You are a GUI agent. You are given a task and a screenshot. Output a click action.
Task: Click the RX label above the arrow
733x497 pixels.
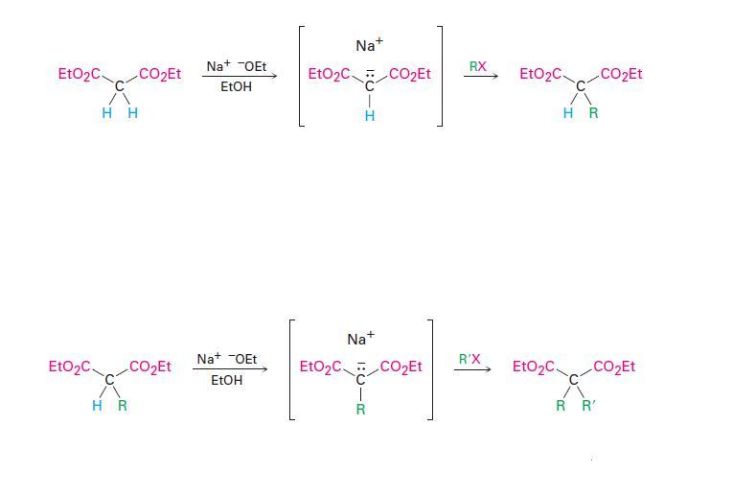[x=477, y=66]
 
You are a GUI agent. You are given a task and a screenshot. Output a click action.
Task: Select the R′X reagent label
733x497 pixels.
[x=470, y=359]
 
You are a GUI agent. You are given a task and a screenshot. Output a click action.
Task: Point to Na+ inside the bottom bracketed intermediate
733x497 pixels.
[x=360, y=339]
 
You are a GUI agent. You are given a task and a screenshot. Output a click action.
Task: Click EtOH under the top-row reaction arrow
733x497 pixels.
[x=236, y=86]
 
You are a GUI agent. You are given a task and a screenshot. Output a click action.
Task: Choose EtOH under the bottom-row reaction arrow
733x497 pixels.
[x=226, y=380]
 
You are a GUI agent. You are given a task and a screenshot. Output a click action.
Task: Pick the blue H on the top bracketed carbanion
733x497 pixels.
[x=370, y=116]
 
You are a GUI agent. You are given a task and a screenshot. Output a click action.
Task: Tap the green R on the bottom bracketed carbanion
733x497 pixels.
[x=360, y=409]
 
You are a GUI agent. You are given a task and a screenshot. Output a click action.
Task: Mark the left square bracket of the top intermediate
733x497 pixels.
[x=302, y=75]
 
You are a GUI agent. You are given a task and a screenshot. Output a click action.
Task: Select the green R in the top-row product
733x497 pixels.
[x=593, y=113]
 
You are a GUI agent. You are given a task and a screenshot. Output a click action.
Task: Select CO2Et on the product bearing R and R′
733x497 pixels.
[x=614, y=367]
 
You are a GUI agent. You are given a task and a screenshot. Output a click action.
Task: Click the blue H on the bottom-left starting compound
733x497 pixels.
[x=97, y=406]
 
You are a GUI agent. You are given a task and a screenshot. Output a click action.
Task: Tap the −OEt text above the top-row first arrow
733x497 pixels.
[x=250, y=66]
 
